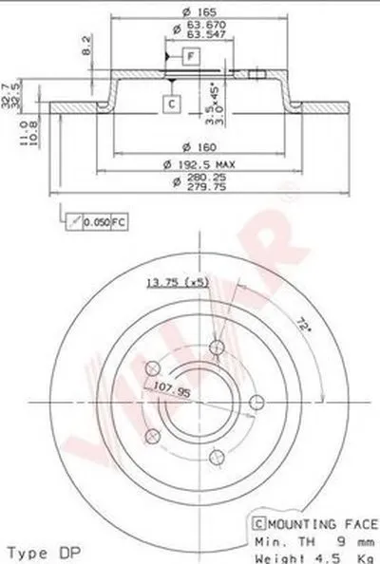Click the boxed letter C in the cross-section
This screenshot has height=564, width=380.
pyautogui.click(x=171, y=103)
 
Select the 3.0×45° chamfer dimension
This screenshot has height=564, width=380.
pyautogui.click(x=217, y=97)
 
